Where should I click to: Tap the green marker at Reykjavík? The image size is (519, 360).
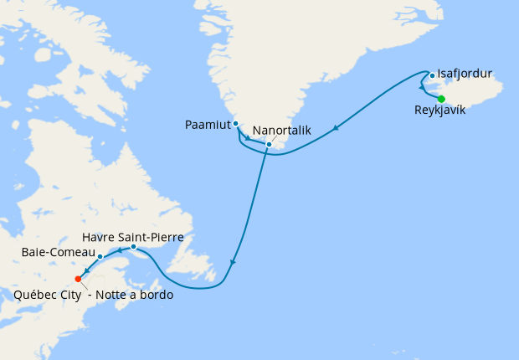coord(441,99)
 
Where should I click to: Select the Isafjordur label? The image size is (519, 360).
coord(465,74)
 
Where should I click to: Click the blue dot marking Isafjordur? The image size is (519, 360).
coord(432,75)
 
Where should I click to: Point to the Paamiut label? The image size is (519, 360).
coord(208,125)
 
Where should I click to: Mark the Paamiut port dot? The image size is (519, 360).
coord(236,124)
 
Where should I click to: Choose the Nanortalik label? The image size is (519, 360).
coord(283,131)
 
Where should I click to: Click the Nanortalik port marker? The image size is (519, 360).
coord(269,145)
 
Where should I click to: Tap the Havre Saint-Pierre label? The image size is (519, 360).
coord(133,237)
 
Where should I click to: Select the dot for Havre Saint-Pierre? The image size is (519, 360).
coord(134,246)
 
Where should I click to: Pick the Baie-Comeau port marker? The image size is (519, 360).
coord(100,256)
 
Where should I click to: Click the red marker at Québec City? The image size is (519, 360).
coord(78,279)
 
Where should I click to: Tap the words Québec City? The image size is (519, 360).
coord(46,294)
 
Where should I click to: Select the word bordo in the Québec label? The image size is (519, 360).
coord(157,294)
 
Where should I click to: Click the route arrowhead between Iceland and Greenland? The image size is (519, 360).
coord(336,128)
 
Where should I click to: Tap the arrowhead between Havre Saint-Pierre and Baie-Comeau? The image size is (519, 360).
coord(119,249)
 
